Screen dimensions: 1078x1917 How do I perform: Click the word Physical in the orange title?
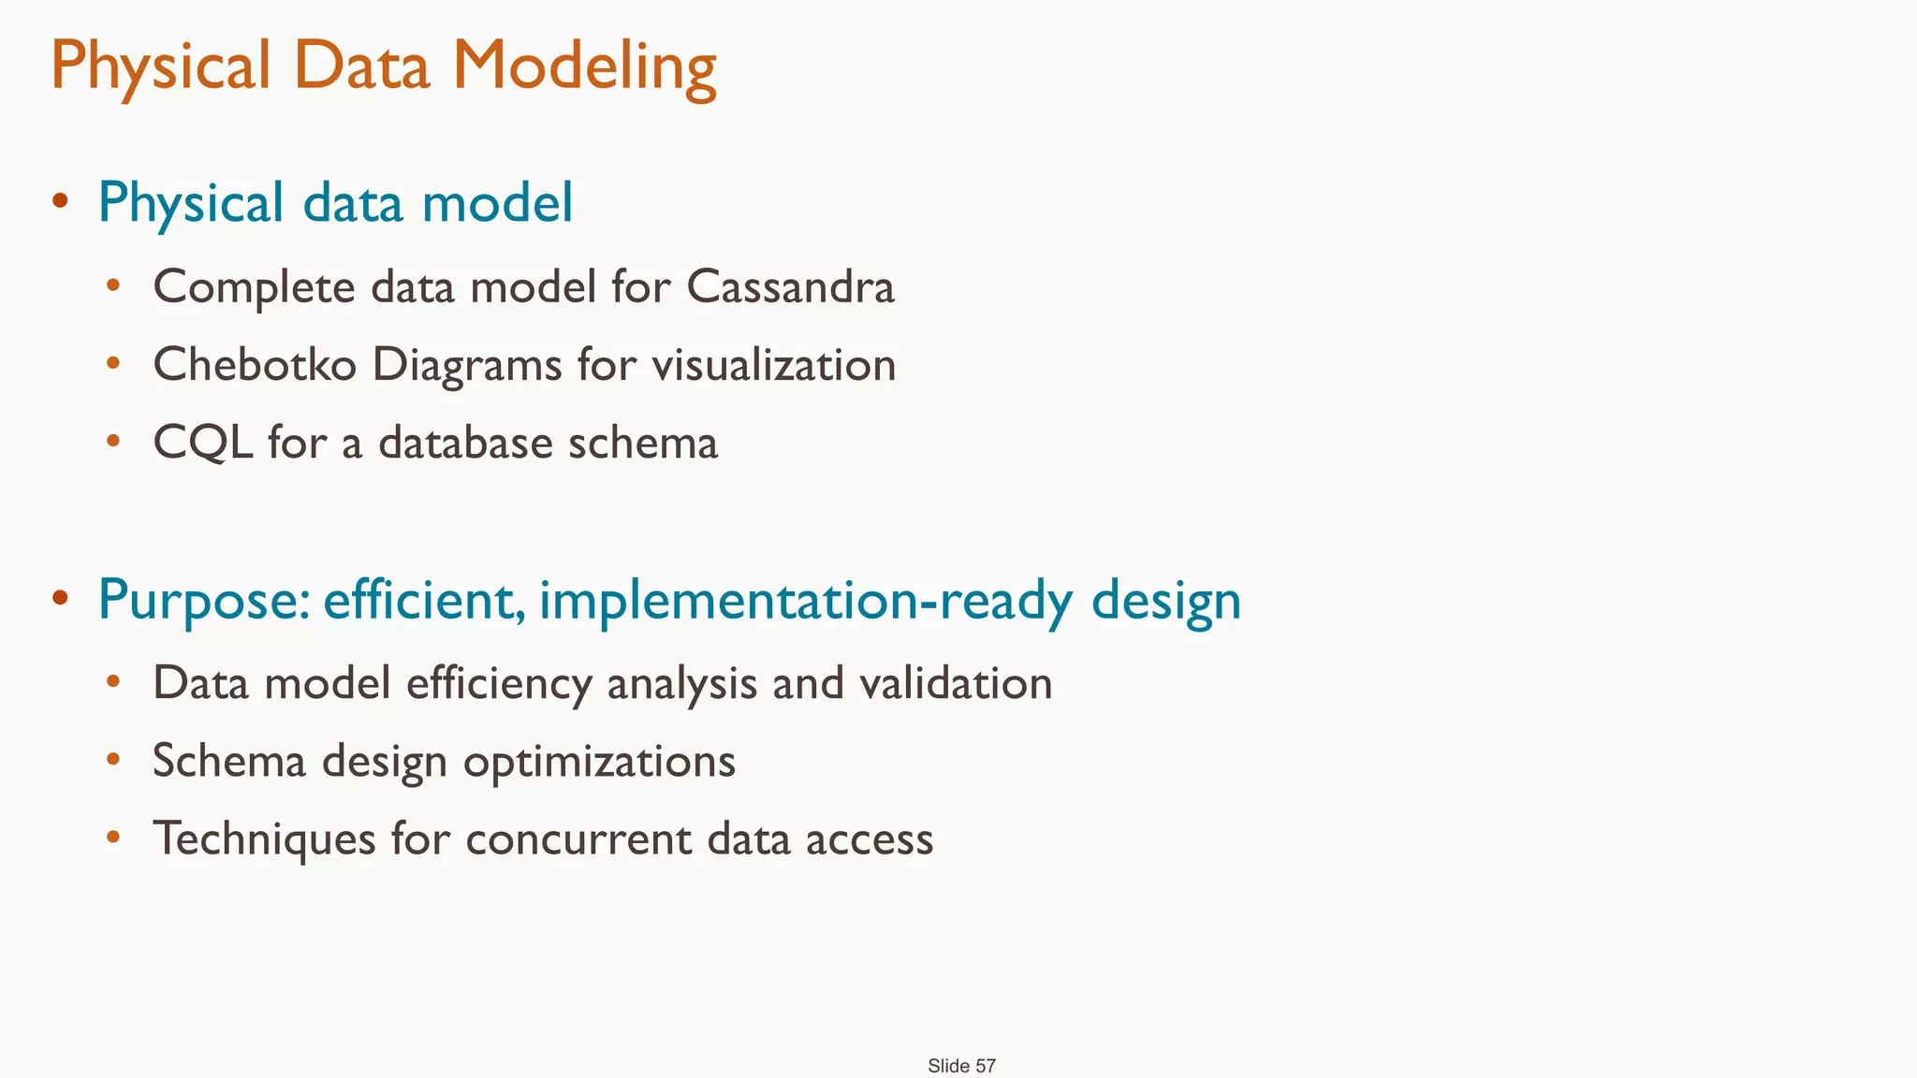[160, 67]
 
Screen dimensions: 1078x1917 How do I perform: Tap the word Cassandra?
[790, 286]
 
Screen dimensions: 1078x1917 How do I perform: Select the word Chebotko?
[255, 365]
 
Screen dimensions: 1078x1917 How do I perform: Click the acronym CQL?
[202, 444]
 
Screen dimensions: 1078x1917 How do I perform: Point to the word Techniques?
[264, 839]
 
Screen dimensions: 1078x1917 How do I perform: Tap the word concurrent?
[578, 839]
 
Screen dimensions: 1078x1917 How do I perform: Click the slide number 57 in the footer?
[985, 1066]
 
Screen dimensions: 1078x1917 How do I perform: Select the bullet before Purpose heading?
[61, 597]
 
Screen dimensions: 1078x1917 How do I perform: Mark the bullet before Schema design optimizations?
[113, 758]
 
